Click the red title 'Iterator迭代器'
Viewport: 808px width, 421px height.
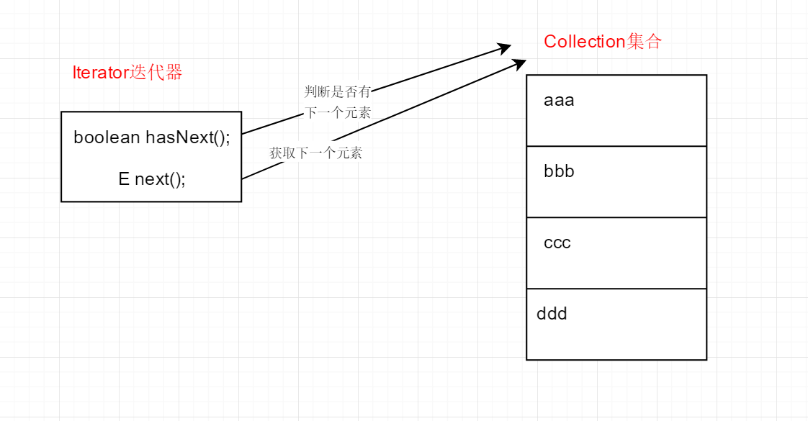127,73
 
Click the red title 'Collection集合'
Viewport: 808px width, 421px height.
602,42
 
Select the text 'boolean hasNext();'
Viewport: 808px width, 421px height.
152,137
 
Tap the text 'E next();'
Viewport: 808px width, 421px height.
152,179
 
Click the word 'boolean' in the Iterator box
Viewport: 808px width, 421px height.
107,137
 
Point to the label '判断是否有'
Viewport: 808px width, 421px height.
338,91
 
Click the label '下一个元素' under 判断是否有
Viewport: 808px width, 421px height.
338,113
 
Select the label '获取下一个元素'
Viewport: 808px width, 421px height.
316,153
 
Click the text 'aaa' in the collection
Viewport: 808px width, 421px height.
559,101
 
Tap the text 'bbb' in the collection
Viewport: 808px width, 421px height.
559,172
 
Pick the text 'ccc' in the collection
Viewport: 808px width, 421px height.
557,243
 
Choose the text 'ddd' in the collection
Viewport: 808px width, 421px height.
552,314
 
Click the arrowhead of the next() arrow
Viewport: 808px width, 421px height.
520,63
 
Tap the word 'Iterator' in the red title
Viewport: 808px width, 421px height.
100,73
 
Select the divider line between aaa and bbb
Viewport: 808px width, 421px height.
616,146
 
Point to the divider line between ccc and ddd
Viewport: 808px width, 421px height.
616,289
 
